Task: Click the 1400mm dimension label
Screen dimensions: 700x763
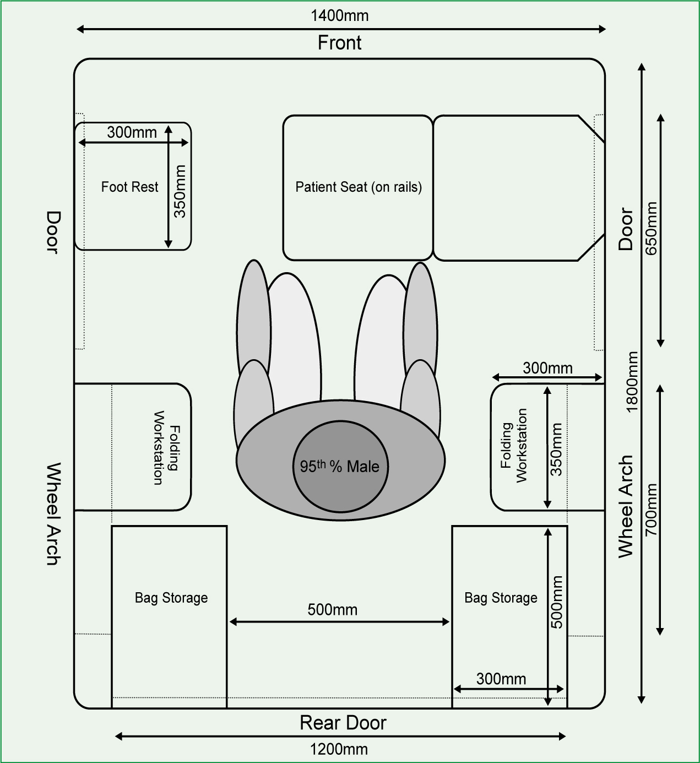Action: [x=339, y=16]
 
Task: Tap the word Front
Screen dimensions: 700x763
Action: [x=339, y=42]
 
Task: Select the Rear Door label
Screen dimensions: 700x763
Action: [x=343, y=723]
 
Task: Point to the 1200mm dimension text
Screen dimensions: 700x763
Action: [x=339, y=749]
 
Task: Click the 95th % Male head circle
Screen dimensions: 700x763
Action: [x=340, y=466]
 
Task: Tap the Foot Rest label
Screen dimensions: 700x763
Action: [x=130, y=187]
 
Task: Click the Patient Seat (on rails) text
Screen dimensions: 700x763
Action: [x=359, y=187]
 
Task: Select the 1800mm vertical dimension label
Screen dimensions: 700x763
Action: [x=632, y=381]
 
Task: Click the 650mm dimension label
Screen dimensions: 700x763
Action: [x=651, y=228]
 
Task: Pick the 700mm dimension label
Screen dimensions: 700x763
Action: [x=651, y=510]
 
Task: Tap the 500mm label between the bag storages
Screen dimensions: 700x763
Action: [x=333, y=610]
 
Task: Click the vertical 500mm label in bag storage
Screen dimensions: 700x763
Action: [x=556, y=602]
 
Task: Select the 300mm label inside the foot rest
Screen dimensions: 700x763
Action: [x=132, y=132]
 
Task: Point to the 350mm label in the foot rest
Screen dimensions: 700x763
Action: [x=180, y=191]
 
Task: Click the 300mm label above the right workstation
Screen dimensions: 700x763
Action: [x=547, y=368]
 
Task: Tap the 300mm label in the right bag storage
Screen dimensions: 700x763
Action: [x=501, y=679]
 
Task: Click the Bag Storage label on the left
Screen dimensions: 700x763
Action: [x=171, y=598]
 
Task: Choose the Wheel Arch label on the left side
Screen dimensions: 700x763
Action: [x=53, y=513]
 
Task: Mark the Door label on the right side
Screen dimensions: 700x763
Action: [x=626, y=229]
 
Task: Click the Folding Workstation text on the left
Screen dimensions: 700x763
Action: [x=166, y=448]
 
